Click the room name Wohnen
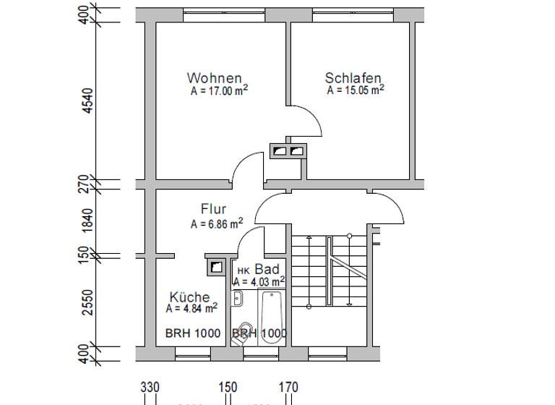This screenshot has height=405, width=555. click(x=214, y=78)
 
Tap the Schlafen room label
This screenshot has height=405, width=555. click(x=353, y=78)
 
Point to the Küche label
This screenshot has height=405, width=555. click(x=189, y=297)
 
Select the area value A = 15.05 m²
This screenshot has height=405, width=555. click(x=355, y=90)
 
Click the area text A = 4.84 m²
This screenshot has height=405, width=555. click(x=192, y=308)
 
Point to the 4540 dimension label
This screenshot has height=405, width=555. click(x=88, y=102)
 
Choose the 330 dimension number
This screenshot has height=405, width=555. click(x=150, y=388)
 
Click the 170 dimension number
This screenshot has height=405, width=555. click(x=288, y=388)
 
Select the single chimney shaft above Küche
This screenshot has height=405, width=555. click(x=216, y=267)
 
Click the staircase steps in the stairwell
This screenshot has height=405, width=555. click(x=311, y=271)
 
